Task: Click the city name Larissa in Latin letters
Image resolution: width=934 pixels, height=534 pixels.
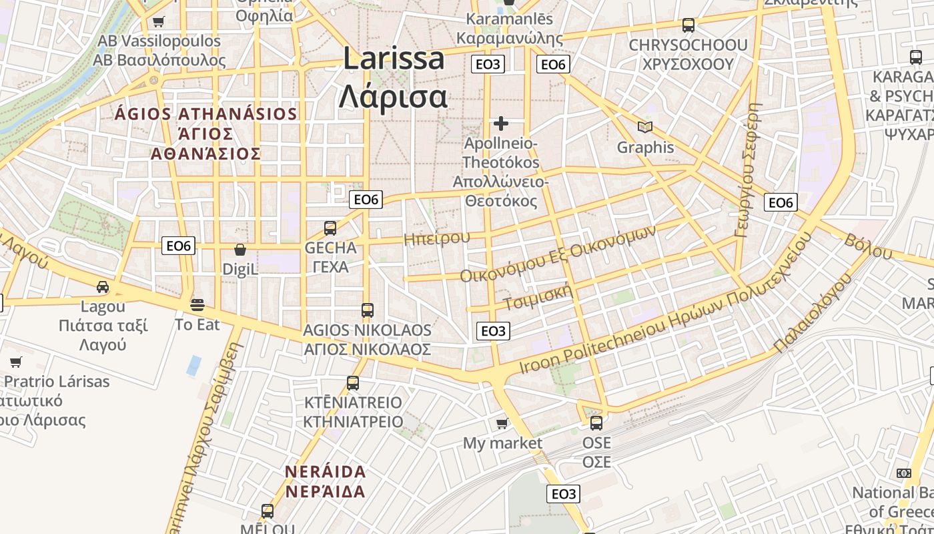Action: [x=394, y=59]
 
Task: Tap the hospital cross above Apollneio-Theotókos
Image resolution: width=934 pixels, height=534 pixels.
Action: [x=501, y=123]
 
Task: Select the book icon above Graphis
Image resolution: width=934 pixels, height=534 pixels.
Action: [x=644, y=127]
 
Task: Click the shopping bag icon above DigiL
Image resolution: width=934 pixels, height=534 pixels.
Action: [x=240, y=250]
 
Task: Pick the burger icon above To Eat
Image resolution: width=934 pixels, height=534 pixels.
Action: [x=197, y=305]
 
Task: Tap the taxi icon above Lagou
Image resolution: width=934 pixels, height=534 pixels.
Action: [x=103, y=287]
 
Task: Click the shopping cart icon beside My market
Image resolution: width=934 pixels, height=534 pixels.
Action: [x=502, y=423]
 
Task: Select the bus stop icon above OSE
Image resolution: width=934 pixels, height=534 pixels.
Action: [x=596, y=423]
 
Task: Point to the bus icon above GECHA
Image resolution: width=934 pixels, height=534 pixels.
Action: [x=330, y=228]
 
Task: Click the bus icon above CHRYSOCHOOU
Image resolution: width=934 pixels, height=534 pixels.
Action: [x=688, y=25]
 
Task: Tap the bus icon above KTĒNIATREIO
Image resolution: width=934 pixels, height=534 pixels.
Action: [x=353, y=383]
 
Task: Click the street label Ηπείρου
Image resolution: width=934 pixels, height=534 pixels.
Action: [x=437, y=238]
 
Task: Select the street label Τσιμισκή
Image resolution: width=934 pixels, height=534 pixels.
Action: [x=538, y=299]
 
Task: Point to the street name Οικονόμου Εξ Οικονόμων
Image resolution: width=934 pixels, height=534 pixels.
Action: [x=558, y=254]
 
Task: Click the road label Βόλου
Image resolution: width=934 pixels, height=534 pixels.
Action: [x=868, y=246]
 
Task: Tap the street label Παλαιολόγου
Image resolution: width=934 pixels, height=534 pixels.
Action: [x=813, y=312]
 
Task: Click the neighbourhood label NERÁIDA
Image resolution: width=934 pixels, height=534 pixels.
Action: [x=326, y=472]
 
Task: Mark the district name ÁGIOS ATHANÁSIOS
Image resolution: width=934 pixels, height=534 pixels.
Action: [x=205, y=113]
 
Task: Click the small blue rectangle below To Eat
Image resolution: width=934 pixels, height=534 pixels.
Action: [x=194, y=366]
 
